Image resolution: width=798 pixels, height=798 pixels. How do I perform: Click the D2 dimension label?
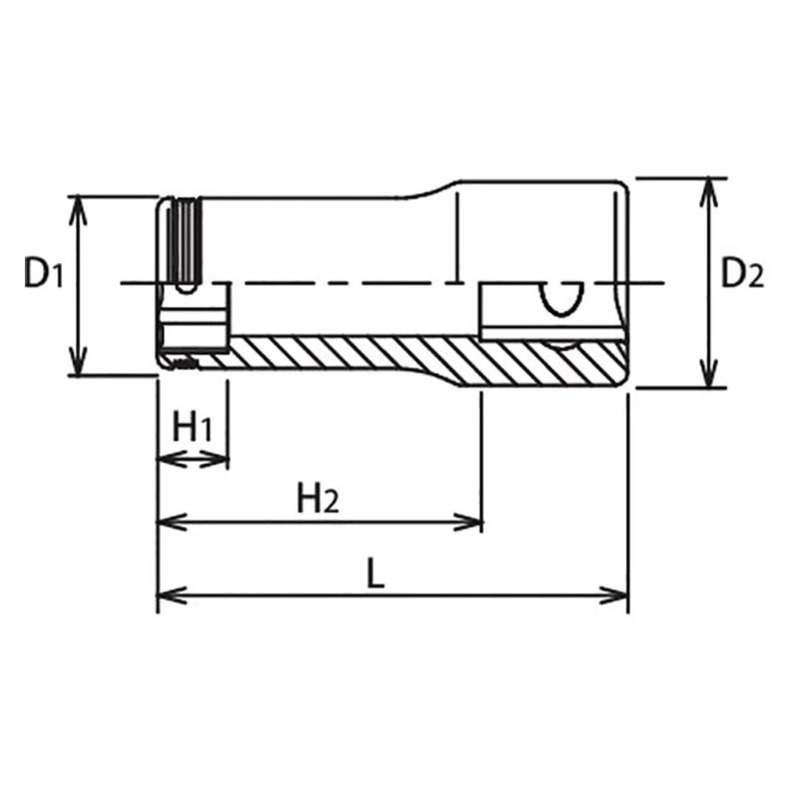pyautogui.click(x=742, y=274)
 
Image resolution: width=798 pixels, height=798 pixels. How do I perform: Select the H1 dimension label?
pyautogui.click(x=193, y=429)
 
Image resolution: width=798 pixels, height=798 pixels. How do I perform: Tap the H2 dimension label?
pyautogui.click(x=318, y=501)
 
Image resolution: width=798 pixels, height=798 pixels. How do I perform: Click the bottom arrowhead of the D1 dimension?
pyautogui.click(x=76, y=366)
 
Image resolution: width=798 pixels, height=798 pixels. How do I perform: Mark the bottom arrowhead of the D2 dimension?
pyautogui.click(x=709, y=378)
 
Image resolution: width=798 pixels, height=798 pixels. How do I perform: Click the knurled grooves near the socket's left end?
pyautogui.click(x=185, y=240)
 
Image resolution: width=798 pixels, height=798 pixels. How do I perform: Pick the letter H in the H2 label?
pyautogui.click(x=310, y=499)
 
